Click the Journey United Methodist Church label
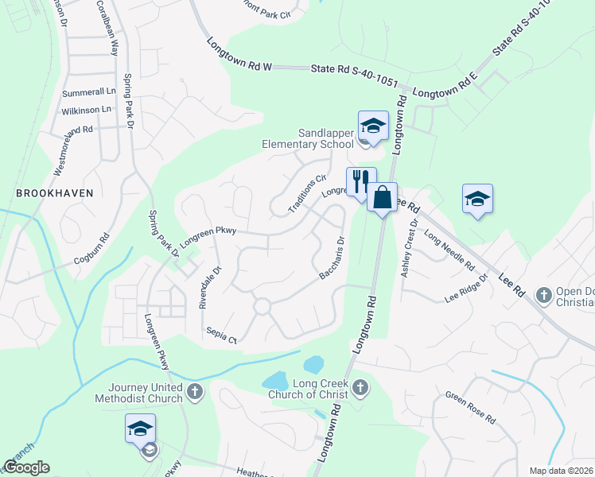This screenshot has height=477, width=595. point(140,394)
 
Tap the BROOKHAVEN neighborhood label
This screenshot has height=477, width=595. point(54,192)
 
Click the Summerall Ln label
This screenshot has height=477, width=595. point(89,93)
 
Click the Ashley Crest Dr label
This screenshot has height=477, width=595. point(410,249)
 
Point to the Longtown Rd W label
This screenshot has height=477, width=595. point(239,56)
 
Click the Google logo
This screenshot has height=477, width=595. point(26,467)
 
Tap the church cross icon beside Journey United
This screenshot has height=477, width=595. point(196,392)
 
